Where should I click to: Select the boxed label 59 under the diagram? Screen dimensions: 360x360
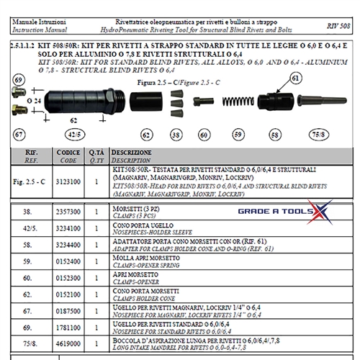237,134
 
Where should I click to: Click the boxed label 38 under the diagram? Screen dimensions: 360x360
176,134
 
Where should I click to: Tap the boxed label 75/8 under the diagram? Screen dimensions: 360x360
317,134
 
